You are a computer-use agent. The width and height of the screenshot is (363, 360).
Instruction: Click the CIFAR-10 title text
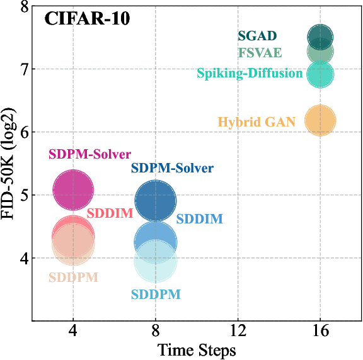pos(87,19)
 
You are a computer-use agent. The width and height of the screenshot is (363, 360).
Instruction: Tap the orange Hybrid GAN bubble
pos(320,120)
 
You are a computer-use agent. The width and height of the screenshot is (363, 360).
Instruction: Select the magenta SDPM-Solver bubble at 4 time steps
pos(73,189)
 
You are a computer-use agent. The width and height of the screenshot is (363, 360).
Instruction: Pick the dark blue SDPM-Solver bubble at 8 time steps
pos(156,201)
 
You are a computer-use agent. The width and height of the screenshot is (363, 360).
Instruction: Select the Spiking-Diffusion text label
pos(250,74)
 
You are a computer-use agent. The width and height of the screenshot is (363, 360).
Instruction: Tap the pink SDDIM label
pos(110,213)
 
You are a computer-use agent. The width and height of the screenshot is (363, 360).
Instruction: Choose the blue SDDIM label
pos(199,220)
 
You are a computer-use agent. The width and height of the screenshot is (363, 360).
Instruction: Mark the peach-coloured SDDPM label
pos(73,278)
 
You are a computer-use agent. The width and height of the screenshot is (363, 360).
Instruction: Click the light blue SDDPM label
pos(156,295)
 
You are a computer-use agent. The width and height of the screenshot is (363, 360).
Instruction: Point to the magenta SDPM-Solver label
pos(90,154)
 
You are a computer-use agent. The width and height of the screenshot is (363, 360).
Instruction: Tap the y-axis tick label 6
pos(23,132)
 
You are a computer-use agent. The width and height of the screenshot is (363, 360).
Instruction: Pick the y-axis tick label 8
pos(23,7)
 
